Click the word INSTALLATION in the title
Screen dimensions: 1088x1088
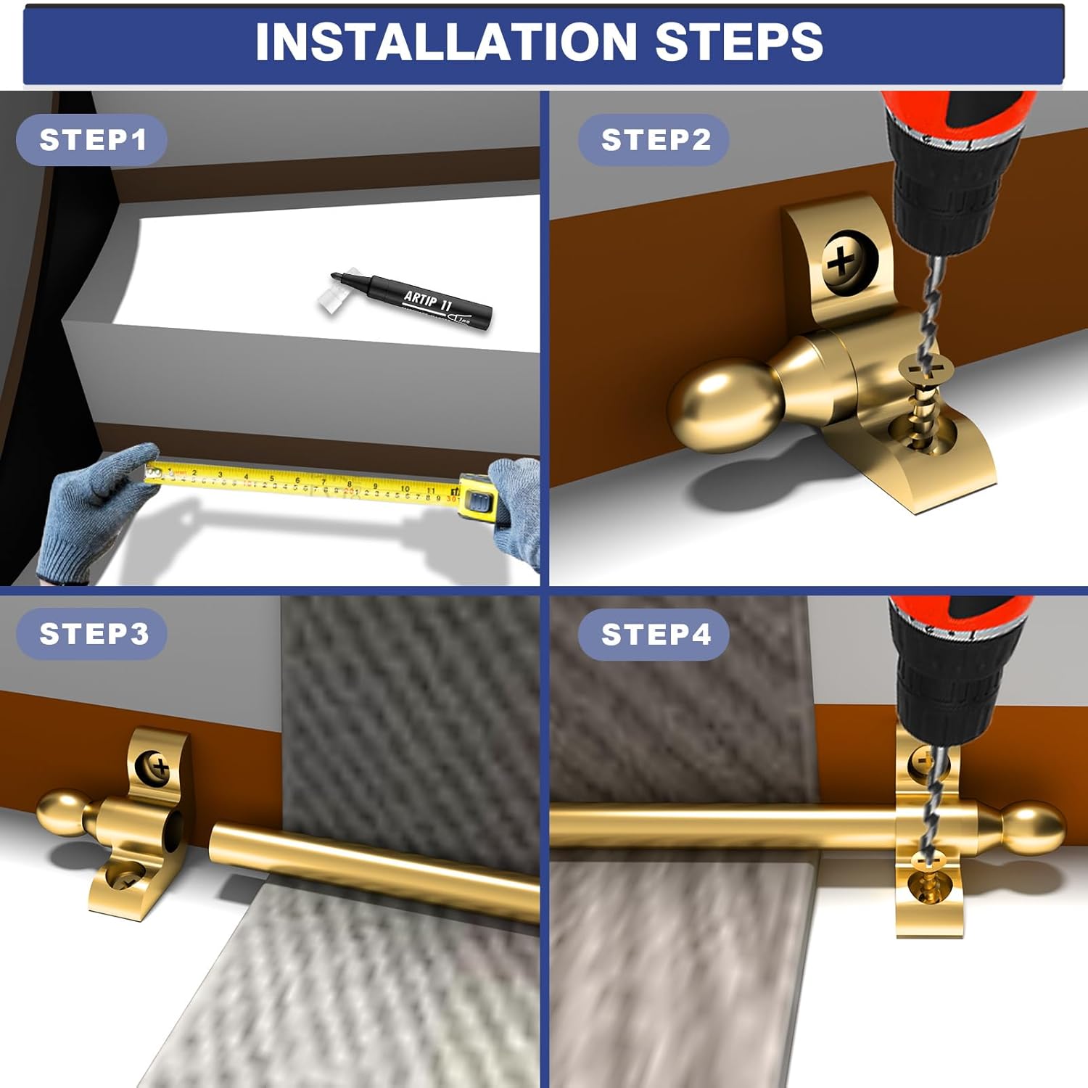coord(445,41)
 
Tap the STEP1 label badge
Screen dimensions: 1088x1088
coord(92,140)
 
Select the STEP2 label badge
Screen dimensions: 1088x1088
coord(654,140)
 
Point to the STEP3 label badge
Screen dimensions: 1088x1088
coord(93,634)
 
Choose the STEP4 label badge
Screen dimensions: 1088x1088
coord(654,635)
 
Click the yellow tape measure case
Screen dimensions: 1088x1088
coord(479,500)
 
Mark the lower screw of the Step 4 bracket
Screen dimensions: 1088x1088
coord(924,889)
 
